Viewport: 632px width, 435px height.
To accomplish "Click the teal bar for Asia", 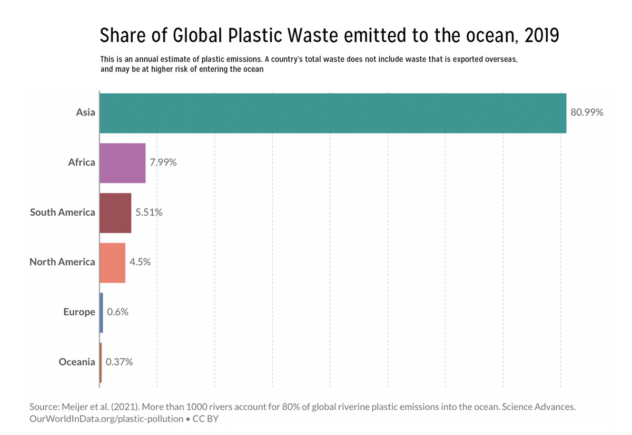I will pos(332,113).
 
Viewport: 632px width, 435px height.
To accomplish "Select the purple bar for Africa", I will pos(122,163).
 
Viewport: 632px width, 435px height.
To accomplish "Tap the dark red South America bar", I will pos(115,213).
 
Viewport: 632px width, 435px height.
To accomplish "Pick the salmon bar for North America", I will pos(112,263).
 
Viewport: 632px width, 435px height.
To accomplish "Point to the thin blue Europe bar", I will pos(101,313).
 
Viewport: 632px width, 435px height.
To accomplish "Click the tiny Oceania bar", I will pos(100,362).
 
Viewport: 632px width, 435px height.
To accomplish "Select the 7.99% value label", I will pos(163,163).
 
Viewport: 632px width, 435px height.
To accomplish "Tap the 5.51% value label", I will pos(149,213).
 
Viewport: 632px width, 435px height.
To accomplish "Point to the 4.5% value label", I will pos(140,263).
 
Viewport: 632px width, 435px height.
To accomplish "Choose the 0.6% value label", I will pos(117,312).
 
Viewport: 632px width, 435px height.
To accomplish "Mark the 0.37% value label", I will pos(119,362).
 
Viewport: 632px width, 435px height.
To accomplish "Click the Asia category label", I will pos(85,113).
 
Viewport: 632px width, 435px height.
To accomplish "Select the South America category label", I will pos(63,212).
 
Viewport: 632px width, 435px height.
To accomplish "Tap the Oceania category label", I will pos(77,362).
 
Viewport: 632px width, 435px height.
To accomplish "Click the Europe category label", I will pos(79,312).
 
